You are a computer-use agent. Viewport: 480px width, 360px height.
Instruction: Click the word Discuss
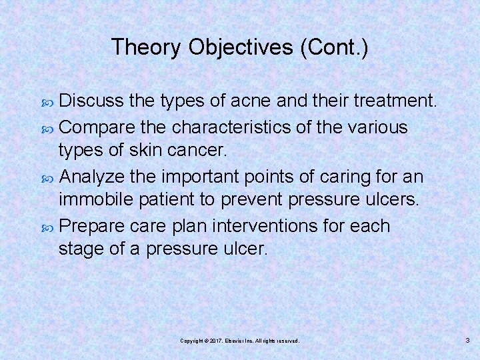click(x=92, y=101)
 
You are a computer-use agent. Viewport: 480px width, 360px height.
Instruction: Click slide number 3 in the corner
click(x=467, y=340)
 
